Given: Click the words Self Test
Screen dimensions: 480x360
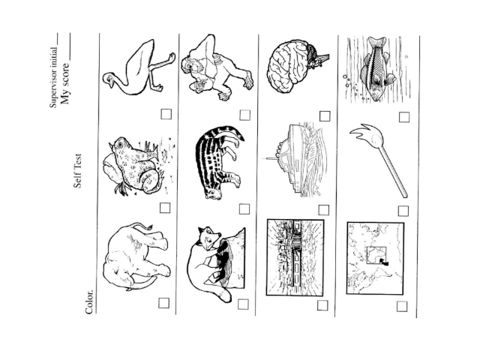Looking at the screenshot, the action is [x=78, y=171].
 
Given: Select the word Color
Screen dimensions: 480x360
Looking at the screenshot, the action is [x=89, y=301].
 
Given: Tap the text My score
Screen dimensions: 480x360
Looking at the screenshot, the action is [x=65, y=83].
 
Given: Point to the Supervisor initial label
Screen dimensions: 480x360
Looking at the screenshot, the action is [x=53, y=77].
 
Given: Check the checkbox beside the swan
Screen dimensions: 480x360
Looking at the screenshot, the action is [x=166, y=114].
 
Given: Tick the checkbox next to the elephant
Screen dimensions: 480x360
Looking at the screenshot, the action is [x=163, y=303].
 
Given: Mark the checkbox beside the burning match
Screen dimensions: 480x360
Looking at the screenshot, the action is [x=403, y=211].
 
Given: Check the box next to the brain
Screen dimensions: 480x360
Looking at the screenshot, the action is [x=325, y=116].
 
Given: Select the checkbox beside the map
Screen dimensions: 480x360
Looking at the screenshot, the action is [x=402, y=306].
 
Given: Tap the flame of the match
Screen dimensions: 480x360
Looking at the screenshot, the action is [x=365, y=135].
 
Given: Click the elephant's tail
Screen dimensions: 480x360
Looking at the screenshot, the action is [x=143, y=226].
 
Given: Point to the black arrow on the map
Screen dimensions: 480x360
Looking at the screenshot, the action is [x=383, y=261].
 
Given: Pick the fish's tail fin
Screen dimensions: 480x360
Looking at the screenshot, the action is [x=376, y=42].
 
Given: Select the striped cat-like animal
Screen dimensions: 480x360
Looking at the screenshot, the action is [x=219, y=162].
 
